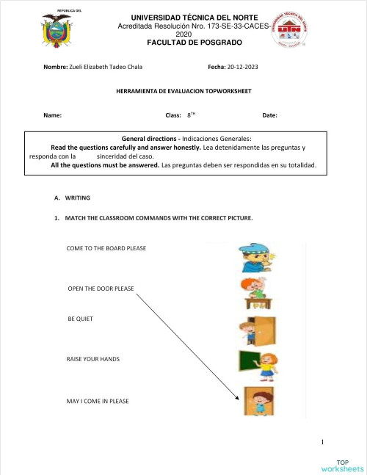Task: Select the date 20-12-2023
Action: (x=244, y=66)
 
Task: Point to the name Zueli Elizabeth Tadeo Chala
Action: (x=106, y=66)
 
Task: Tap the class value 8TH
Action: (x=192, y=116)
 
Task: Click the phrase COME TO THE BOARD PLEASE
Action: (x=106, y=248)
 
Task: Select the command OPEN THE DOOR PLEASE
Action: (x=101, y=289)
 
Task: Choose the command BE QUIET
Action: (x=80, y=319)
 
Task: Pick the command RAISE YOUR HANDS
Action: (x=92, y=359)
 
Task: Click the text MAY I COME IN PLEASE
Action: (x=97, y=401)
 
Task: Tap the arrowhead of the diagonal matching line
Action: (x=236, y=400)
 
